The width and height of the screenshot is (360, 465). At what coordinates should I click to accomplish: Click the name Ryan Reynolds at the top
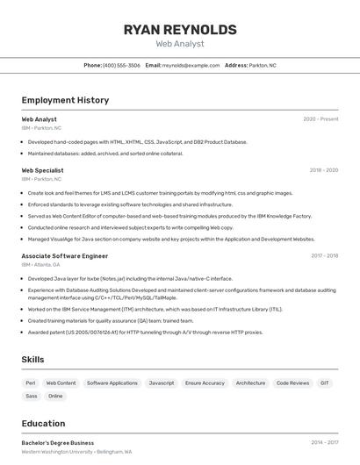180,30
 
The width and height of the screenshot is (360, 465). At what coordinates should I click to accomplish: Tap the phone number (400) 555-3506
121,65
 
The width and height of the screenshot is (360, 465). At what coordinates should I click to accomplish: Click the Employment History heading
65,100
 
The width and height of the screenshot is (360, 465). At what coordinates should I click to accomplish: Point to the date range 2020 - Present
320,119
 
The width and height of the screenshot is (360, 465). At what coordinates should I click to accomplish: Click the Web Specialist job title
42,170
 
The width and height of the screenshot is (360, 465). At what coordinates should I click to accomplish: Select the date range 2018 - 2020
323,170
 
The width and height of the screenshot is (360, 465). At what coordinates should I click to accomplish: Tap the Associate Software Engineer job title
64,256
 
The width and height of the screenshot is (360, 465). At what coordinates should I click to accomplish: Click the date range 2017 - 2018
324,256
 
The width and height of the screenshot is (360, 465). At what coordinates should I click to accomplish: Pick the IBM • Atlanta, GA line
40,264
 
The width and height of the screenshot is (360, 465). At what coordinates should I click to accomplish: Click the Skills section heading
33,360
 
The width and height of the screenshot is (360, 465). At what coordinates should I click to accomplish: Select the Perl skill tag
31,383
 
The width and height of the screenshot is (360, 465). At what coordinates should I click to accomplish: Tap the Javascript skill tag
161,383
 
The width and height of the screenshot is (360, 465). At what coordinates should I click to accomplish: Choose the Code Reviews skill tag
292,383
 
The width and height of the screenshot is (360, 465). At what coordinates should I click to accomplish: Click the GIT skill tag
325,383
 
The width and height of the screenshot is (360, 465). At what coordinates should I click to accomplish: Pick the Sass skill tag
31,396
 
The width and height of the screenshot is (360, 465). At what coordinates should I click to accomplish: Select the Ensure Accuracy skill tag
205,383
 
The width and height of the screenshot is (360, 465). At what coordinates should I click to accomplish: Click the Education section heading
43,423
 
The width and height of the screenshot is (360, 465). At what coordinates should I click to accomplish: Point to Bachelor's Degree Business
57,443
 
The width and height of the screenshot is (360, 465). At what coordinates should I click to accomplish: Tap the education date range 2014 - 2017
324,443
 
